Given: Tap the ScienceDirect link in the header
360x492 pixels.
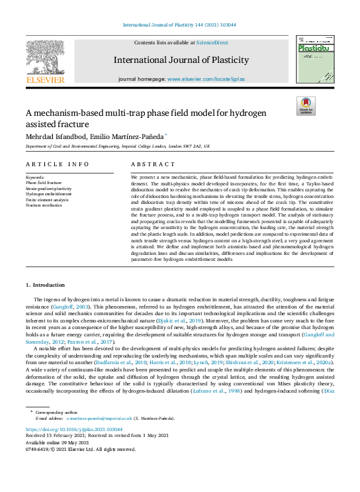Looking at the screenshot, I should click(x=211, y=42).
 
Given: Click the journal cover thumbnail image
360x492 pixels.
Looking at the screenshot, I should click(x=314, y=60).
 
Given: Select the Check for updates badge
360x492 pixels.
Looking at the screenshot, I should click(x=306, y=106).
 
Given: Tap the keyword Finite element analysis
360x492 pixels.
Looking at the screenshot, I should click(x=46, y=199).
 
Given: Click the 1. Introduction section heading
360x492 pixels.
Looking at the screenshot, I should click(x=46, y=285).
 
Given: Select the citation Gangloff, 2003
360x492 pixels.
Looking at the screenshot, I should click(x=73, y=308).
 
